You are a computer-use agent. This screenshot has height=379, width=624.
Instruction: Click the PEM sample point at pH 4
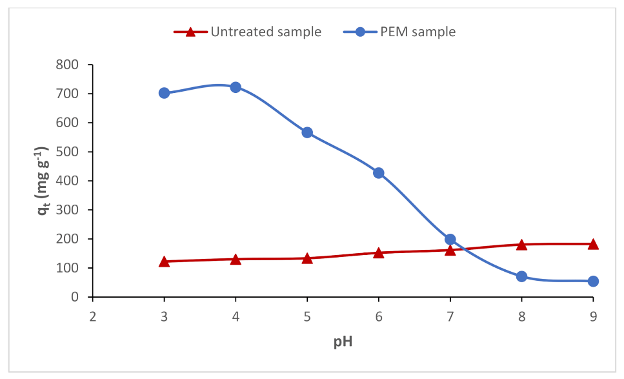click(x=236, y=87)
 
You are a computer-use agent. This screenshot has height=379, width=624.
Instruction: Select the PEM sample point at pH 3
click(x=164, y=93)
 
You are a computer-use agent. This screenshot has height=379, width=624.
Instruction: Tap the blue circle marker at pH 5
click(x=307, y=132)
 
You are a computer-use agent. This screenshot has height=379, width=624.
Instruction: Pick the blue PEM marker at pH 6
click(x=379, y=173)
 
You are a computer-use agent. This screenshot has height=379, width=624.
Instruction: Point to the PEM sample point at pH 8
click(x=521, y=276)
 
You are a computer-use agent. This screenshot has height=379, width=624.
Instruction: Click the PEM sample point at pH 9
click(x=593, y=281)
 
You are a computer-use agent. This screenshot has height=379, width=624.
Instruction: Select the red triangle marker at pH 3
click(x=164, y=261)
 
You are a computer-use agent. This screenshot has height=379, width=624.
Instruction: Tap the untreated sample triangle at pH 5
click(x=307, y=258)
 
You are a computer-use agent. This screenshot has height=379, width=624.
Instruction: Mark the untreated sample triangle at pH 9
click(x=593, y=244)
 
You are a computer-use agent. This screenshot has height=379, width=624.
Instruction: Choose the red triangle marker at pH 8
click(x=521, y=245)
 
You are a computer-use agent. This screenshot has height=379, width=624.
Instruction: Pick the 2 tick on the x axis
click(x=92, y=316)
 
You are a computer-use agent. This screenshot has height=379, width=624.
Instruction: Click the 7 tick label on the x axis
click(x=450, y=316)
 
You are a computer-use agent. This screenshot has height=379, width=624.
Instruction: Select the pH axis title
click(x=343, y=342)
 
